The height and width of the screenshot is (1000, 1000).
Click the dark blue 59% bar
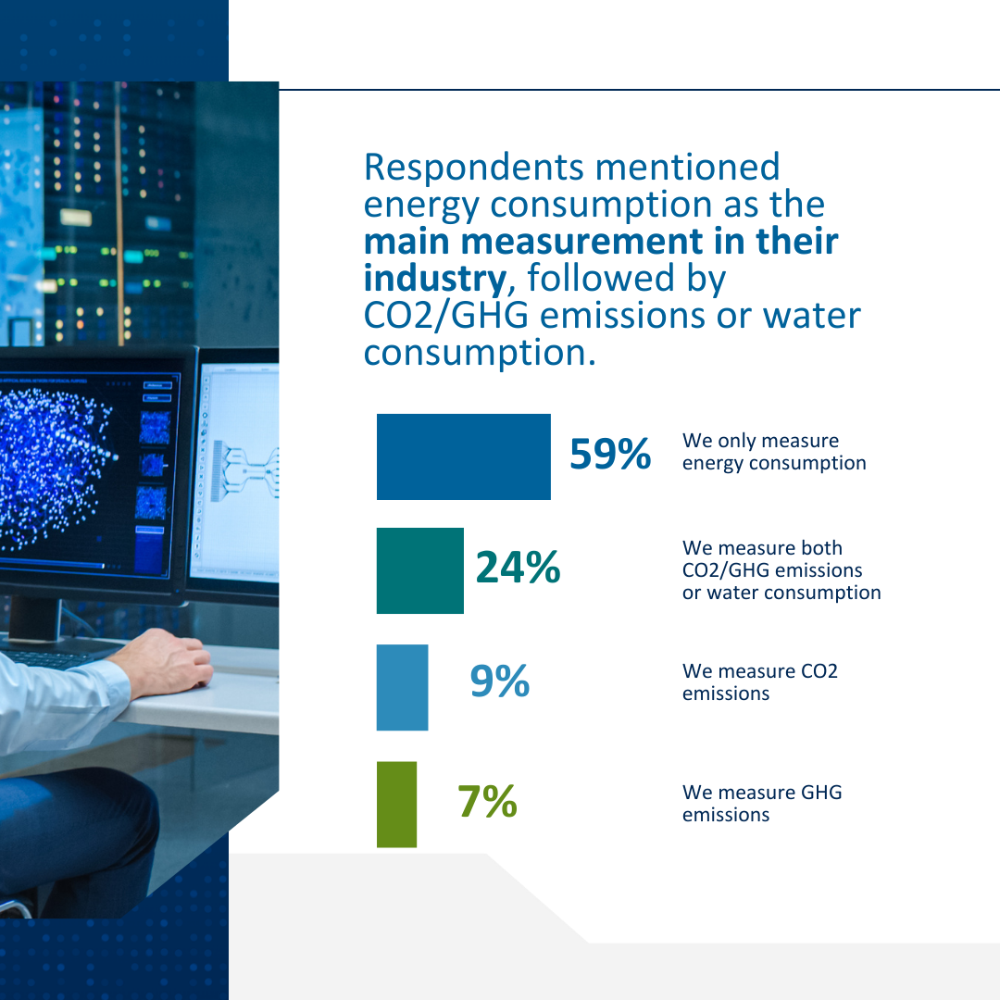coord(463,456)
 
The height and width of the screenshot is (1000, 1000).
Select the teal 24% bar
coord(419,570)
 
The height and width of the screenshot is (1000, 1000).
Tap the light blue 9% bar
coord(402,687)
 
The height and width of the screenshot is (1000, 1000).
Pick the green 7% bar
coord(396,804)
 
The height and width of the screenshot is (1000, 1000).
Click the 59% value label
coord(609,455)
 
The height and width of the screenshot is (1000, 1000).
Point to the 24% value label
coord(518,568)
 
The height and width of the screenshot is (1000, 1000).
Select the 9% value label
coord(499,681)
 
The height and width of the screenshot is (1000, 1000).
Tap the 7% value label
coord(487,801)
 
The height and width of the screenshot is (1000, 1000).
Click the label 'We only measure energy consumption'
coord(773,452)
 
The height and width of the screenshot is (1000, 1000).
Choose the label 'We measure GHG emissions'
coord(761,804)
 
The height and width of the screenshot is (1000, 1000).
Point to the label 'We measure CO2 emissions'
coord(759,681)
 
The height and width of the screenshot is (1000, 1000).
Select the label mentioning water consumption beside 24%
coord(781,570)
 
